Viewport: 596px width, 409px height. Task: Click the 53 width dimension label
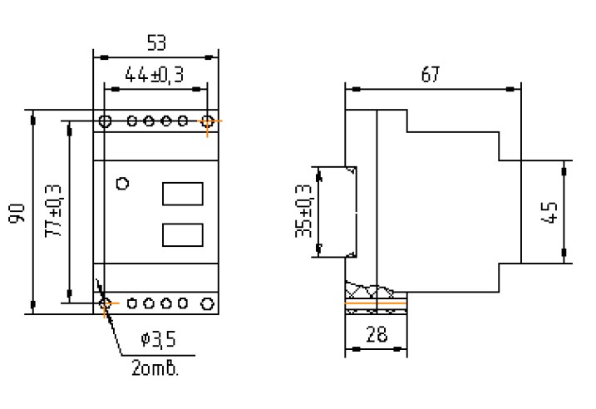pos(156,42)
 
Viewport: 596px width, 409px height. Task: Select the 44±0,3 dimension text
pos(155,75)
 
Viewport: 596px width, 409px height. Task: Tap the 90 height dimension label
pos(17,214)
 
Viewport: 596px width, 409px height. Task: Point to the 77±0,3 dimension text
pos(53,211)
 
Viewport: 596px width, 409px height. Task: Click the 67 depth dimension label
pos(431,74)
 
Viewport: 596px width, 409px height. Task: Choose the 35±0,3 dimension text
pos(303,211)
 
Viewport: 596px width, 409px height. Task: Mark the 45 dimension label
pos(549,212)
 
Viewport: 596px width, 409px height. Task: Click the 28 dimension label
pos(377,334)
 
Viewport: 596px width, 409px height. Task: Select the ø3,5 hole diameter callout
pos(159,339)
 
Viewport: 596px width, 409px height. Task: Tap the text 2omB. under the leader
pos(155,368)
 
